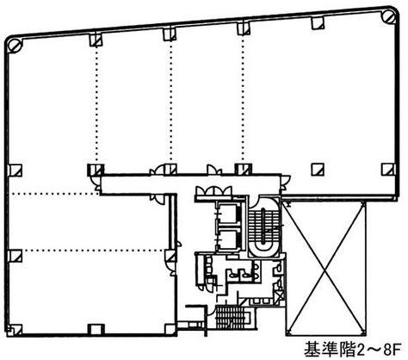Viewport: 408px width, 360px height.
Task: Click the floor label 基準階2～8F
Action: click(353, 350)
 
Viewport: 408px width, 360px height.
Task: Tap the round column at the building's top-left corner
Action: click(15, 46)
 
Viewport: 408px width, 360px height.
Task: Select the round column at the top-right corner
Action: click(388, 16)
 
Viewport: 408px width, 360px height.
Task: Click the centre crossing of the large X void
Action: click(325, 269)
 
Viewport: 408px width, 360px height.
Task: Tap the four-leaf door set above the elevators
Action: click(213, 191)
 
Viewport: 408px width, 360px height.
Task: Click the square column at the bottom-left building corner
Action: click(15, 330)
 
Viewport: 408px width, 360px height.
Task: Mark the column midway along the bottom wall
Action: click(96, 330)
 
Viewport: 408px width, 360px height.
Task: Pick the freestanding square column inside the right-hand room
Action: click(318, 170)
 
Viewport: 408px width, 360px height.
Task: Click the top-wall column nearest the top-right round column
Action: click(318, 22)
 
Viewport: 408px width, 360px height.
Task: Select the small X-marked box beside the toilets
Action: click(280, 295)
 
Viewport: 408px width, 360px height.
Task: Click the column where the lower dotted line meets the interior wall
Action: click(170, 256)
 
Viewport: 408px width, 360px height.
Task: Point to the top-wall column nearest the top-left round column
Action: click(96, 40)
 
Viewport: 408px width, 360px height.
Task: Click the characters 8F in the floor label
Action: click(393, 350)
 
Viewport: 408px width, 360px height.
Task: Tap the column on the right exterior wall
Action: click(388, 170)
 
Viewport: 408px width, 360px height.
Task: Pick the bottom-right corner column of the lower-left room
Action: click(170, 330)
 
